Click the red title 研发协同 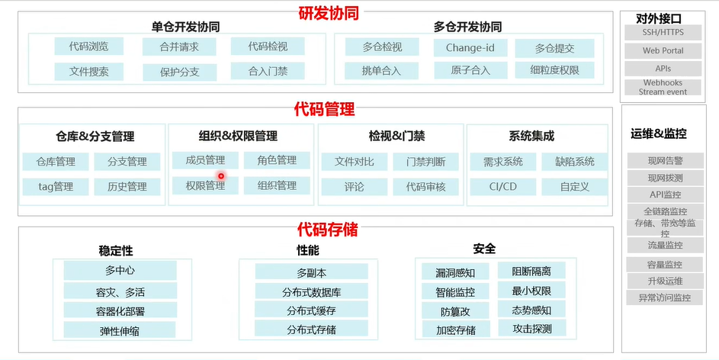coord(328,13)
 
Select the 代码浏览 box coord(89,47)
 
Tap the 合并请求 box coord(179,47)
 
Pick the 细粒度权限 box coord(554,70)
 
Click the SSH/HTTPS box coord(663,34)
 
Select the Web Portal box coord(663,51)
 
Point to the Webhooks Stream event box coord(663,87)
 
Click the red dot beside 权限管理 coord(221,176)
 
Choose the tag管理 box coord(56,186)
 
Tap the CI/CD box coord(503,186)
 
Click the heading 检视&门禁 coord(396,137)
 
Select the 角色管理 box coord(276,160)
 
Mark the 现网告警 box coord(665,161)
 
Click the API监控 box coord(665,194)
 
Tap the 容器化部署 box coord(120,310)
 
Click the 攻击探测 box coord(531,329)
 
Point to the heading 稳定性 coord(116,250)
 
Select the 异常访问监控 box coord(665,297)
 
